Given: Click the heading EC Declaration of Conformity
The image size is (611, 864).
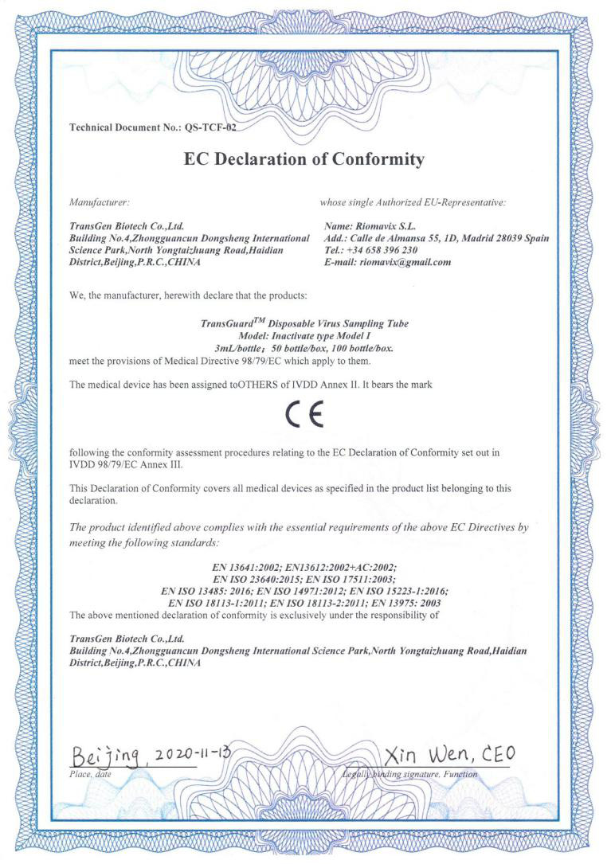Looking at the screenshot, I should coord(304,159).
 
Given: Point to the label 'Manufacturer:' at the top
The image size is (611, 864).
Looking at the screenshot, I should coord(95,203).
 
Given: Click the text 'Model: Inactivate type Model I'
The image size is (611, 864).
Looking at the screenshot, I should coord(305,337).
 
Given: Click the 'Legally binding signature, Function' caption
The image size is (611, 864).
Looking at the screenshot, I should coord(410,773).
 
